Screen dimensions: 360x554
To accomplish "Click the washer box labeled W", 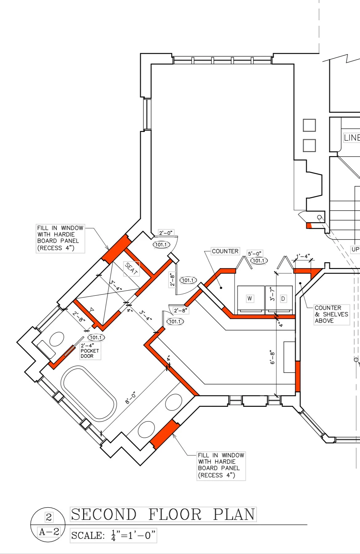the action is pos(250,299).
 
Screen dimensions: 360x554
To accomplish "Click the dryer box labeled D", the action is pos(283,299).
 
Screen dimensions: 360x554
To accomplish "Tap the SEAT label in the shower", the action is pos(131,269).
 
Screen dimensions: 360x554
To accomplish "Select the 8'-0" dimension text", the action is pos(131,398).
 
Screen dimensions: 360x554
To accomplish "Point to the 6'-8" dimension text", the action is pos(273,357).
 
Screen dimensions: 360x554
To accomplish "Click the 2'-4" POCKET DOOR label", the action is pos(90,351).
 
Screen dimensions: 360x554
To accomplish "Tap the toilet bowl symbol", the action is pos(57,339).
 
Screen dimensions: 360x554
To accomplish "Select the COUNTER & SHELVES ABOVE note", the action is pos(331,314).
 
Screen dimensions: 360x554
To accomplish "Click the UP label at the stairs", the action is pos(355,249).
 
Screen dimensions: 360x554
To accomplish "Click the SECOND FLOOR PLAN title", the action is pos(163,514).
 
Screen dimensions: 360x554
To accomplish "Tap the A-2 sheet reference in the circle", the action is pos(49,532).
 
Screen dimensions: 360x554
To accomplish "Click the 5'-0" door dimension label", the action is pos(254,254).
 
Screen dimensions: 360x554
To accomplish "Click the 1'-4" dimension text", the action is pos(303,256).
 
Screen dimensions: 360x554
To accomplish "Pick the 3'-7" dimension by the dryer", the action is pos(272,294).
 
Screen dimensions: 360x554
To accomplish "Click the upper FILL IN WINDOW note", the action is pos(60,238).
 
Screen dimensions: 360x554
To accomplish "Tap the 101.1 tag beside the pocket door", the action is pos(96,338).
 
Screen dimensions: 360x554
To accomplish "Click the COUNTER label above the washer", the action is pos(225,251).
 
